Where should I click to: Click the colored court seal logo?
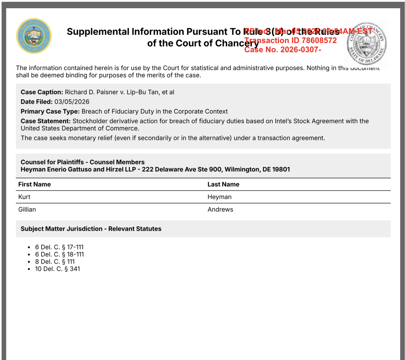tap(34, 36)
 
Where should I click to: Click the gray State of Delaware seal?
tap(365, 43)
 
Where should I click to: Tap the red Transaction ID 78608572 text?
tap(291, 40)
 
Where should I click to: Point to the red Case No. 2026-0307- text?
tap(282, 49)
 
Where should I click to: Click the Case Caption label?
tap(42, 92)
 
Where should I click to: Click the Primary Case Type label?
tap(50, 111)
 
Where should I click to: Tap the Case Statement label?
tap(45, 121)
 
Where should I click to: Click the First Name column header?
tap(34, 184)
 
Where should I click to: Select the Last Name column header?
tap(223, 184)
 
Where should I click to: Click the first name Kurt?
tap(24, 197)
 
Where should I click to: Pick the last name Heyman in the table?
tap(219, 197)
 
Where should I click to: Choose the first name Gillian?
tap(27, 210)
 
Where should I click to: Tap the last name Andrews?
tap(220, 210)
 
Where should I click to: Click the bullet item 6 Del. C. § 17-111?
tap(59, 247)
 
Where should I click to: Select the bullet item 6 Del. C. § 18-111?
tap(59, 254)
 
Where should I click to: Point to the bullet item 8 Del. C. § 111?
tap(55, 262)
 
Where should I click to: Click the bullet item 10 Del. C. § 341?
tap(57, 269)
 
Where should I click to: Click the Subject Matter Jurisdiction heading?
tap(91, 229)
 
